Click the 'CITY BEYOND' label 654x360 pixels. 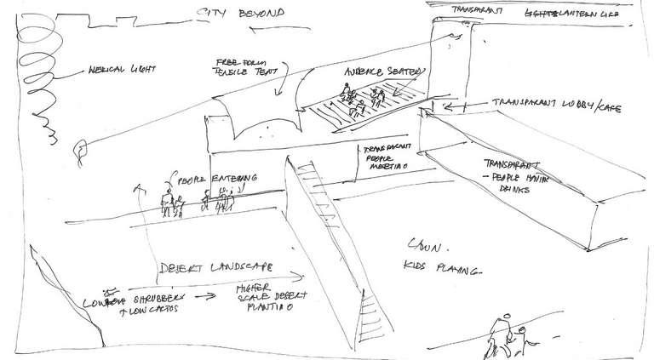(x=239, y=14)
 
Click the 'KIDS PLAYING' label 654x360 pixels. (x=443, y=270)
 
